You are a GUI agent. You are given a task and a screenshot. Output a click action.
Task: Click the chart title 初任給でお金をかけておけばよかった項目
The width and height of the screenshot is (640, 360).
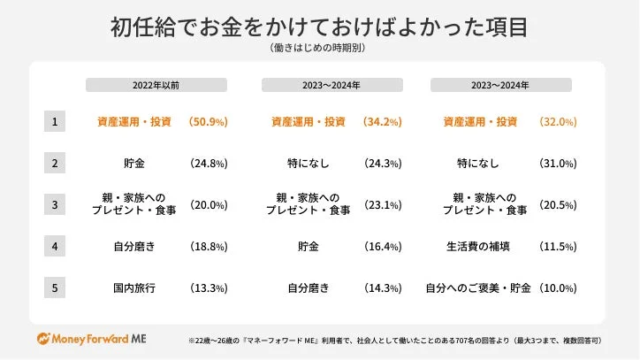[319, 27]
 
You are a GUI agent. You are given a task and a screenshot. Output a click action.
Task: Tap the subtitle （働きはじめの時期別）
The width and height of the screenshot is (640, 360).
[319, 49]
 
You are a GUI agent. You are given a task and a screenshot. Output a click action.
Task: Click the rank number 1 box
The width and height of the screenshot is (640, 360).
[54, 121]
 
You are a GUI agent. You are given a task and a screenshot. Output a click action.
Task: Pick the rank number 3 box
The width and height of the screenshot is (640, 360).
[54, 204]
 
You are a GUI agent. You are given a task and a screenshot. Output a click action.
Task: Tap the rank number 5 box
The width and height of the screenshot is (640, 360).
[54, 287]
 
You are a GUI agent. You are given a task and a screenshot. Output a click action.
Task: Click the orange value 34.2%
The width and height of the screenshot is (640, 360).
[383, 121]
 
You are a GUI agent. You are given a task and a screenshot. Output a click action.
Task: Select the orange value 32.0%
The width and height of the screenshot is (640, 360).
[557, 121]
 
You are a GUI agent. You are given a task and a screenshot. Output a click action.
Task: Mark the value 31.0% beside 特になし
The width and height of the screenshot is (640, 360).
[557, 164]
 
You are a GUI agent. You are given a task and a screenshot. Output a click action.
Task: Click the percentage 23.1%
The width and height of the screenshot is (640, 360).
[383, 204]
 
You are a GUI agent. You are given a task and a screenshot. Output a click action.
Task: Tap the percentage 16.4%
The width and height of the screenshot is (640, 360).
[383, 246]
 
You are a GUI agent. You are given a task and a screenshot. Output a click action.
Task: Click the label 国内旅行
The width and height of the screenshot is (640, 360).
[134, 287]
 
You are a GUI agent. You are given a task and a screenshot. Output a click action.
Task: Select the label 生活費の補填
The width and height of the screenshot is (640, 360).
[478, 246]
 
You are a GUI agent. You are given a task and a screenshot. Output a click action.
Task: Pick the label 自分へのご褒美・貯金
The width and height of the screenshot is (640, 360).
[477, 287]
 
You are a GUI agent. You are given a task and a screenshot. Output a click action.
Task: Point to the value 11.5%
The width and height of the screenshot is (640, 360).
[557, 246]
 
